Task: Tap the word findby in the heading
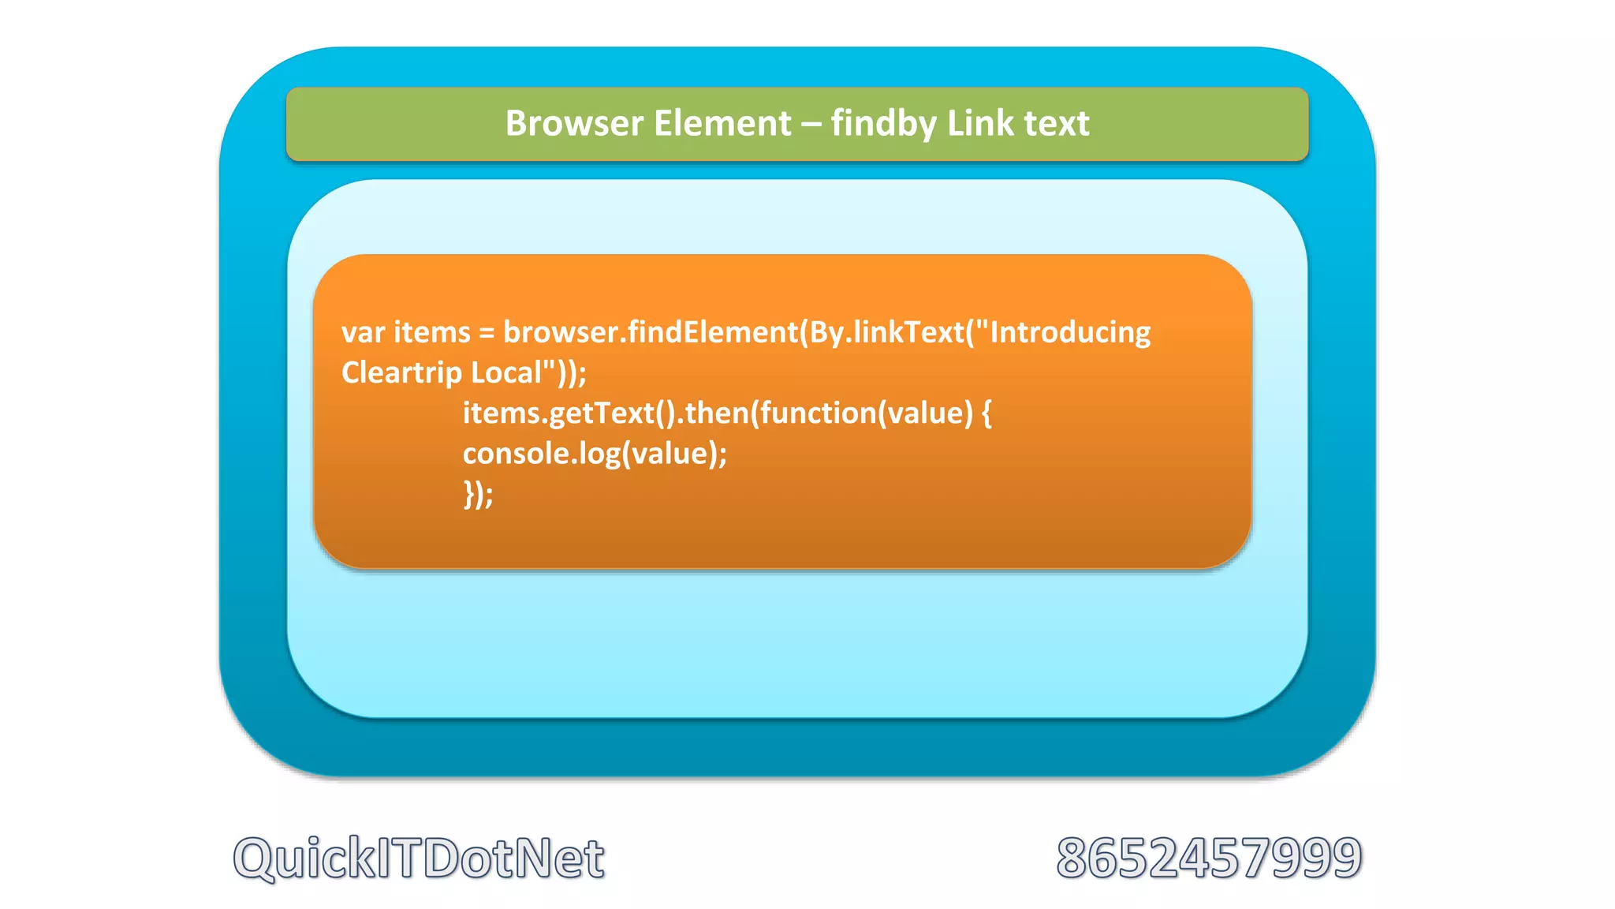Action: pos(883,124)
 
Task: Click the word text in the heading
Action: pos(1057,124)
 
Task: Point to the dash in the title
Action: pos(811,125)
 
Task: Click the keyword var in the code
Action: pos(363,333)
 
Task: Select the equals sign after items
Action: pos(487,333)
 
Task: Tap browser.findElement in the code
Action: pos(651,332)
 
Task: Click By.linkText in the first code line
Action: pos(887,332)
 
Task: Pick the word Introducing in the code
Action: pos(1070,332)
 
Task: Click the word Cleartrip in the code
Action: pos(401,372)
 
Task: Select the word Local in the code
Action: pos(505,372)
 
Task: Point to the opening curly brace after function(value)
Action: pos(987,413)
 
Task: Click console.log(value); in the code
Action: pos(595,454)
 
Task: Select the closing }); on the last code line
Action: pos(478,495)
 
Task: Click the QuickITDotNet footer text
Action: pos(419,858)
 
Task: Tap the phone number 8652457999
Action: pos(1209,858)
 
